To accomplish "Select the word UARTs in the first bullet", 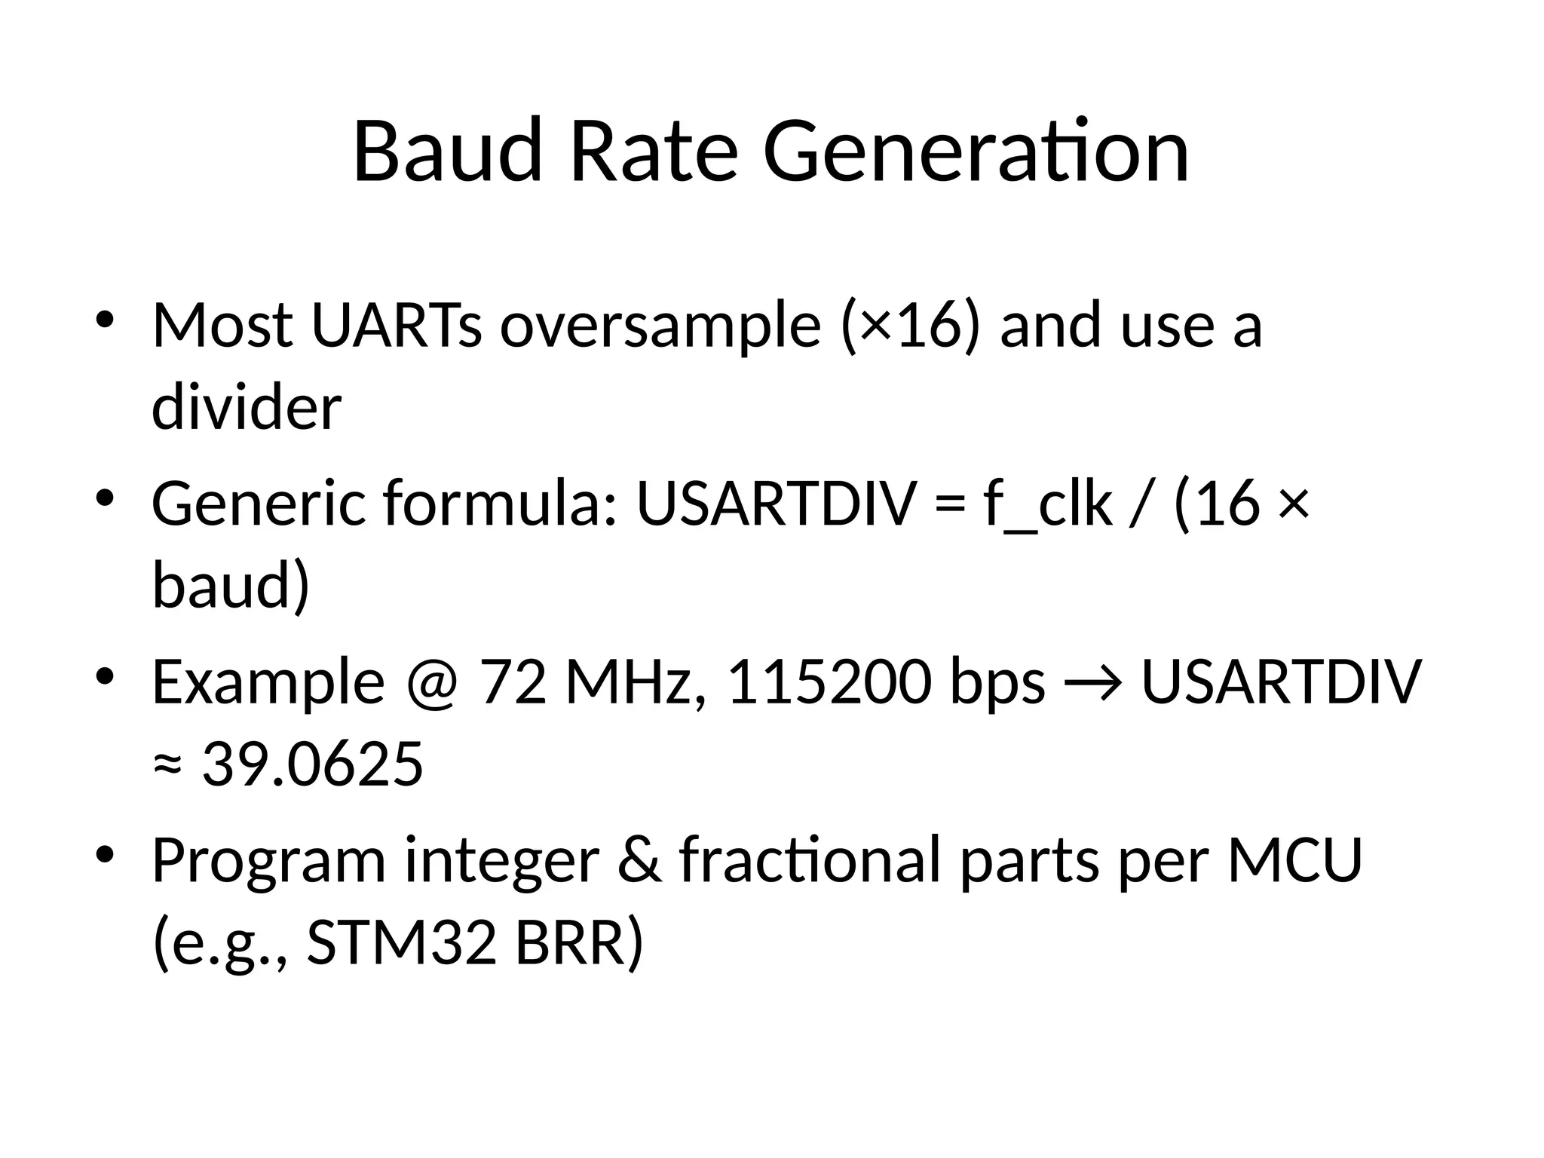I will coord(396,325).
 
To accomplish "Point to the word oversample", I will coord(660,325).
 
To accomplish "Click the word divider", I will coord(247,408).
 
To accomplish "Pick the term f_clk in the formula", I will coord(1048,503).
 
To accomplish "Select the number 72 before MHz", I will coord(513,682).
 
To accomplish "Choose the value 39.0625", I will coord(313,764).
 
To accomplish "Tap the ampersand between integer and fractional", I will coord(640,859).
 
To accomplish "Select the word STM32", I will coord(402,942).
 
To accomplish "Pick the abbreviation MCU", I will coord(1295,859).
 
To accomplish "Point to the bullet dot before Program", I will coord(105,854).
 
